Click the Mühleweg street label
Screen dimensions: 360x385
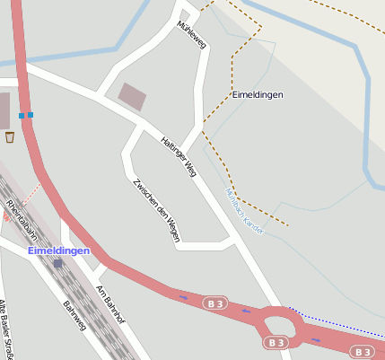(x=193, y=35)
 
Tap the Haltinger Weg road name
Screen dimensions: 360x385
(x=178, y=155)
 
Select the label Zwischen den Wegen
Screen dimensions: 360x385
(x=156, y=205)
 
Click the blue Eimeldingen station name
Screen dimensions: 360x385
(x=58, y=250)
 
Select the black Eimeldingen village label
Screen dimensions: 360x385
(x=258, y=94)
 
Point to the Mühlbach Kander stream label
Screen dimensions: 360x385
(x=244, y=206)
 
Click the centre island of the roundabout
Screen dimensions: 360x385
(x=279, y=321)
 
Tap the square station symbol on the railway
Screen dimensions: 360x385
(x=58, y=263)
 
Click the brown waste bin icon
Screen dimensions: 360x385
(x=10, y=137)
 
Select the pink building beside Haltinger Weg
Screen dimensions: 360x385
(x=133, y=96)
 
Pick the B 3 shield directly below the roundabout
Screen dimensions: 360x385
(x=277, y=343)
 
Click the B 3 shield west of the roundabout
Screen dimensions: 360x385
(x=214, y=302)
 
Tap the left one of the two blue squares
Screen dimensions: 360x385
(x=22, y=115)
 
